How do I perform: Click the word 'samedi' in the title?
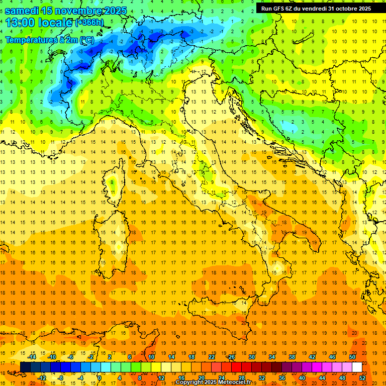(x=22, y=11)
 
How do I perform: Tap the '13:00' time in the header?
(x=21, y=23)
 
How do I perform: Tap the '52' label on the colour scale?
(x=362, y=377)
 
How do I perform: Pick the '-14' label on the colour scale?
(x=32, y=357)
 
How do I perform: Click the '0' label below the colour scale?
(x=99, y=377)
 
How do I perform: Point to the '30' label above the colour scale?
(x=251, y=357)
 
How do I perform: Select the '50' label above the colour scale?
(x=352, y=357)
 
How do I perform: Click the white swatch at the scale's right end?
(x=357, y=367)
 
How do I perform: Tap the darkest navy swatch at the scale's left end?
(x=25, y=367)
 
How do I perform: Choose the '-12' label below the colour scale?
(x=42, y=377)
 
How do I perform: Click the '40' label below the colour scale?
(x=302, y=377)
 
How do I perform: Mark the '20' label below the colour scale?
(x=201, y=377)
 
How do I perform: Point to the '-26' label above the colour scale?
(x=231, y=357)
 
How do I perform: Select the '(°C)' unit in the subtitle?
(x=87, y=40)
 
